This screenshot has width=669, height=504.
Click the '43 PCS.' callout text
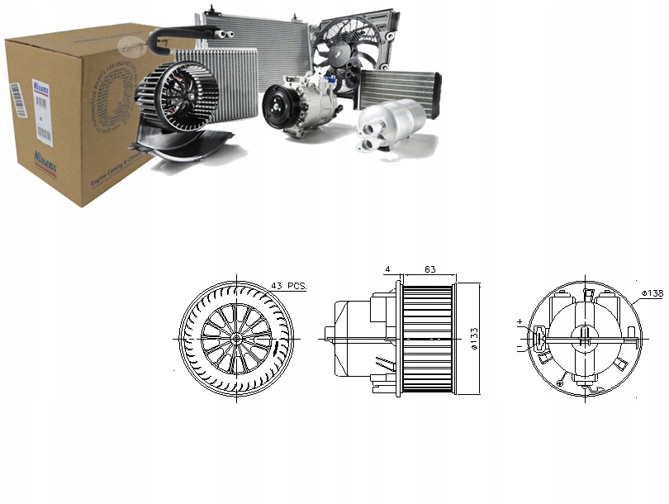(x=288, y=286)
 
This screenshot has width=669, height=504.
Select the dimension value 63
(x=429, y=269)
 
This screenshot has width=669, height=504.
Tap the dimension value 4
(x=387, y=269)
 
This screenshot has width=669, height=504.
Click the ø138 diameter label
(x=651, y=293)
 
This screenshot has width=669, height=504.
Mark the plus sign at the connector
(x=520, y=322)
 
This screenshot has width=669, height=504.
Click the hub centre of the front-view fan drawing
(x=236, y=339)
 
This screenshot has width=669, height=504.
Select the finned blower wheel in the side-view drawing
(x=427, y=339)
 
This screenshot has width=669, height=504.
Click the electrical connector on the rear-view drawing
(x=540, y=339)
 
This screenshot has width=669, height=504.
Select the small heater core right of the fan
(x=400, y=86)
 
